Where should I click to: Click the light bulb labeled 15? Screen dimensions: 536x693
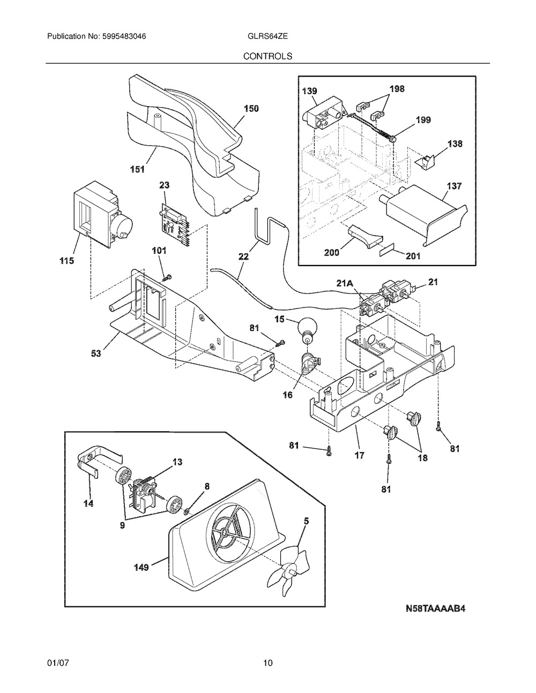click(x=307, y=329)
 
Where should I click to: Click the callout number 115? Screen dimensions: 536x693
click(x=66, y=261)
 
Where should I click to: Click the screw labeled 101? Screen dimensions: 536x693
click(x=167, y=277)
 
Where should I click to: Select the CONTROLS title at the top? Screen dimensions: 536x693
click(x=267, y=56)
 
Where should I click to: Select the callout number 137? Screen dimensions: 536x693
click(x=455, y=186)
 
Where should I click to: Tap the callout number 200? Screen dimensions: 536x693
click(x=332, y=253)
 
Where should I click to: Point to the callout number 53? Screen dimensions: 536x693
click(x=96, y=353)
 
